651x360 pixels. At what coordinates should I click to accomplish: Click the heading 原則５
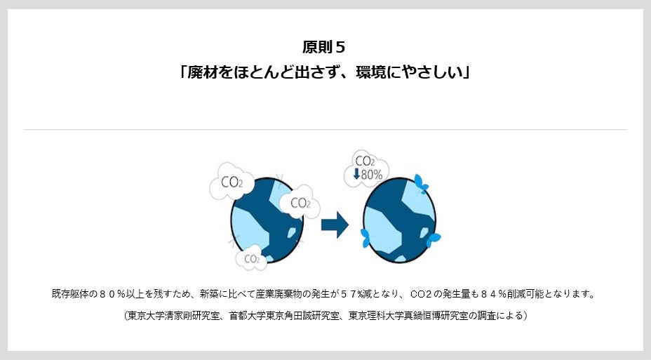(324, 47)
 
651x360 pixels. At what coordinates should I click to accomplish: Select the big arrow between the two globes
(335, 225)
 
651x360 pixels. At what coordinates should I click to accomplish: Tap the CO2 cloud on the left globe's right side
(300, 203)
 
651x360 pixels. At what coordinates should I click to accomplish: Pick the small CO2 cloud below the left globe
(251, 259)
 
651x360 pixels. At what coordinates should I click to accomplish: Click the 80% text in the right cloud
(372, 173)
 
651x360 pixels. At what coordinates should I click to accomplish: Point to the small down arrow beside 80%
(356, 173)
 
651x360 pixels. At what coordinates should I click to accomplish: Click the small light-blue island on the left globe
(291, 231)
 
